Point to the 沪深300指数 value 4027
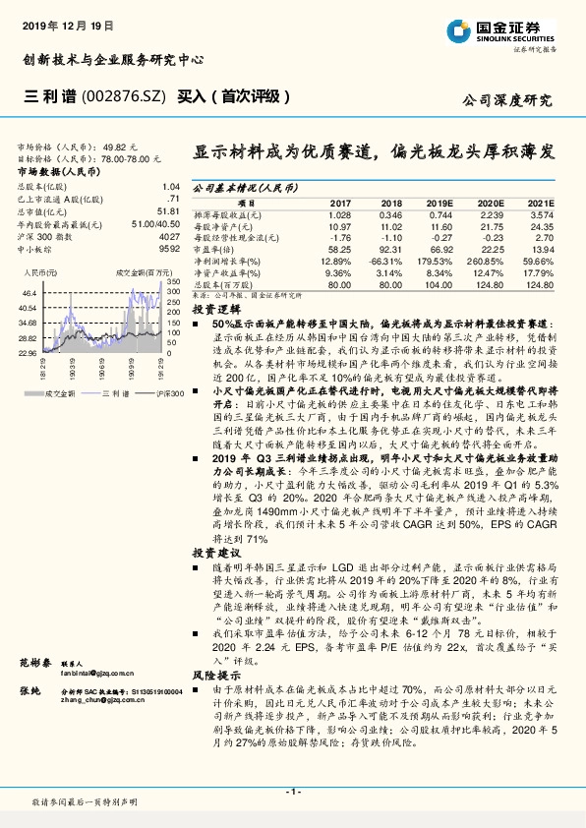[x=169, y=238]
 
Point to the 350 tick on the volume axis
[x=172, y=282]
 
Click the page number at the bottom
[x=293, y=791]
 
